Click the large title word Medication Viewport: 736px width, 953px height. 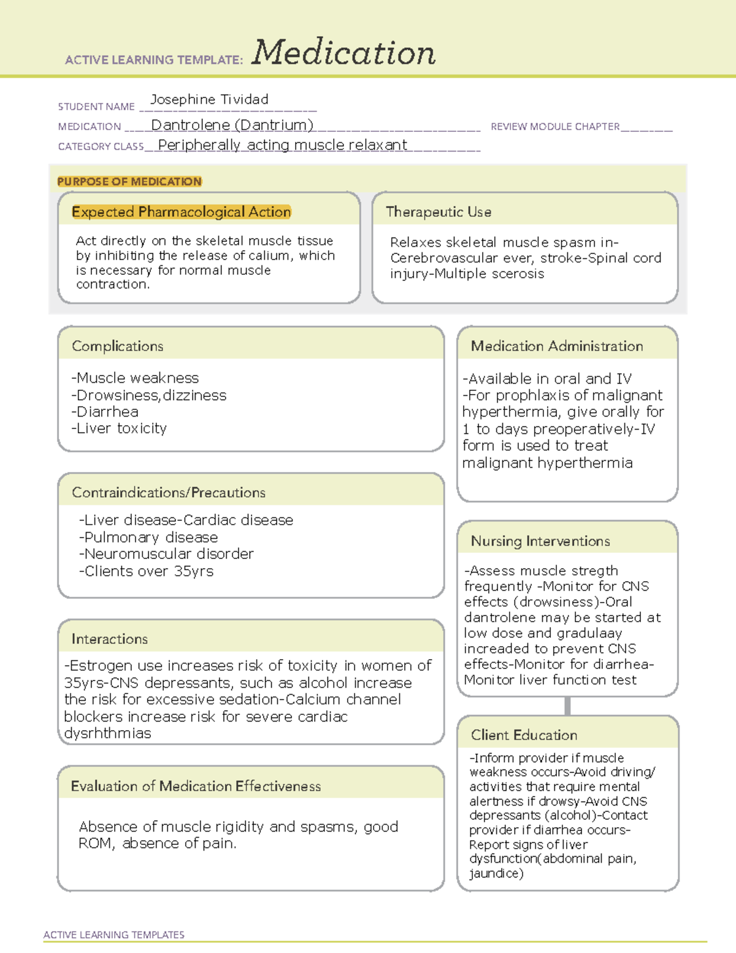point(343,53)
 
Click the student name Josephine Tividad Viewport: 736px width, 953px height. point(209,99)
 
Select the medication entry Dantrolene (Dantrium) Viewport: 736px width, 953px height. point(232,125)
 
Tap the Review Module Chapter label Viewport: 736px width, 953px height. point(555,126)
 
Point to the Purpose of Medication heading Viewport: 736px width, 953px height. point(129,182)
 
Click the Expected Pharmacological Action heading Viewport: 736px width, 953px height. point(181,212)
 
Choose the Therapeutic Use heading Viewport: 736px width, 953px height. point(439,212)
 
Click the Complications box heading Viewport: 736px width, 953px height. point(118,346)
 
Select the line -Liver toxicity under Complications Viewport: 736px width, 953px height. point(119,428)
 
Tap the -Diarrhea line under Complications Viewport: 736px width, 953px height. point(105,412)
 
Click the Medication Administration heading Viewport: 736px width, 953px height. point(557,346)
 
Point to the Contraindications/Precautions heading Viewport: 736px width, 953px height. point(169,493)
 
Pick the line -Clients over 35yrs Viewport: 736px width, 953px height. point(146,571)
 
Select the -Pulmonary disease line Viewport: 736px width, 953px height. point(148,538)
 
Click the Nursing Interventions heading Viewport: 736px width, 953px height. point(540,541)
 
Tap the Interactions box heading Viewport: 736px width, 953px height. point(110,639)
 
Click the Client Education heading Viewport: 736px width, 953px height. point(524,735)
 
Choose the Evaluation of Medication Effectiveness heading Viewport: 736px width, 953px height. point(196,787)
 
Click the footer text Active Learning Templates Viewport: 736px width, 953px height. point(114,935)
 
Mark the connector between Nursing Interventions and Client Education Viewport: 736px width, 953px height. point(567,706)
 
